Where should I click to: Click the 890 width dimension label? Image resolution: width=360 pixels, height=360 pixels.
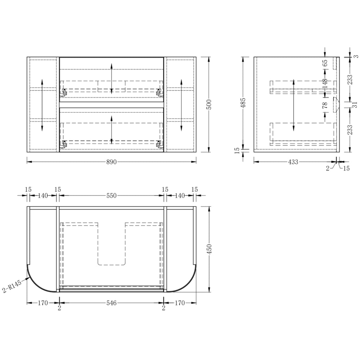[x=111, y=162]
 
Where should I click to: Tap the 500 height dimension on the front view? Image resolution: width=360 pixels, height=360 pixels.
[x=209, y=104]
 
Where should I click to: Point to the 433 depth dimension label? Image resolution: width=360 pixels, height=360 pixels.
[x=293, y=162]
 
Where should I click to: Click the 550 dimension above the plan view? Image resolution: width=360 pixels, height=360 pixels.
[x=111, y=195]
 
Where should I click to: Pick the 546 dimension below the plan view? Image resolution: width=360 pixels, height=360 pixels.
[x=111, y=303]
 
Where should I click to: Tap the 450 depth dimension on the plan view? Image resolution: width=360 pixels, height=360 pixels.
[x=209, y=249]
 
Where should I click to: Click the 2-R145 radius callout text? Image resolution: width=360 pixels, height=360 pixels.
[x=12, y=286]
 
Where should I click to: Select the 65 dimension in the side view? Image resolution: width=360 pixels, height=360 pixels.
[x=325, y=63]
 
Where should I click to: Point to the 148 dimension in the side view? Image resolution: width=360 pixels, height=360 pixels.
[x=325, y=84]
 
